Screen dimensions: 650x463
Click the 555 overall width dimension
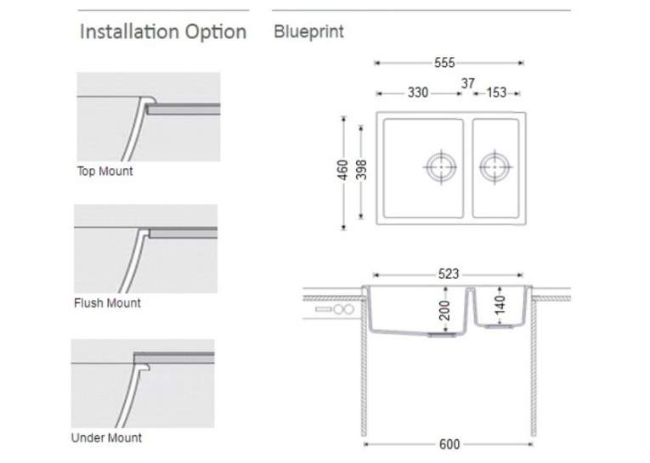pos(444,63)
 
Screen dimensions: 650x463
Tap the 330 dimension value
pos(418,93)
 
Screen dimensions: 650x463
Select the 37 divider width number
pos(468,83)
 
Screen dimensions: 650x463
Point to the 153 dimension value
pos(496,93)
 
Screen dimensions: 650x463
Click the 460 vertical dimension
pos(342,170)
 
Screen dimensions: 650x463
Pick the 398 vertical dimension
pos(361,170)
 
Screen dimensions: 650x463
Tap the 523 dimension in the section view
pos(449,274)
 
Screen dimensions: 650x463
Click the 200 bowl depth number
pos(444,310)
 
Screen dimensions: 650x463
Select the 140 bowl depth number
pos(500,305)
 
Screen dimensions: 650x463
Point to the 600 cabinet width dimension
pos(449,444)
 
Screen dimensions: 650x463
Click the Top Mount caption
pos(105,172)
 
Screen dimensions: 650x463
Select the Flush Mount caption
pos(107,303)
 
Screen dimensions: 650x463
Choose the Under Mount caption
pos(106,438)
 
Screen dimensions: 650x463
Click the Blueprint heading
pos(308,32)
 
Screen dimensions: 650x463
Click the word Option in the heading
pos(216,32)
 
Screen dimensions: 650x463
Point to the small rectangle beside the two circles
pos(324,309)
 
